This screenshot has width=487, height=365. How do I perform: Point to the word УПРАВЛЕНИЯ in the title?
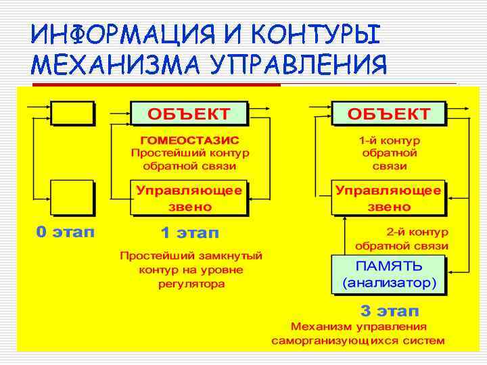coord(300,65)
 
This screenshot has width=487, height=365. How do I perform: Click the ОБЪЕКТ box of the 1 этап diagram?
coord(189,113)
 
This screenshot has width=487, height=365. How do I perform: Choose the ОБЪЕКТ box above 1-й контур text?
coord(389,113)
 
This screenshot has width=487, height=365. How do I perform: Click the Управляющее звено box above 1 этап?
coord(189,197)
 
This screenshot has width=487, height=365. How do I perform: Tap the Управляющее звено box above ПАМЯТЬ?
coord(389,197)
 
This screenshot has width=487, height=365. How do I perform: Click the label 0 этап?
coord(66,233)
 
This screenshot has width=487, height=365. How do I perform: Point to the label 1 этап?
coord(189,233)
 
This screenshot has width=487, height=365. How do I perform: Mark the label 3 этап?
coord(389,311)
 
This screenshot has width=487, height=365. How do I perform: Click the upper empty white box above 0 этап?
coord(73,112)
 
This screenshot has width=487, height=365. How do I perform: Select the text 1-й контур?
coord(390,141)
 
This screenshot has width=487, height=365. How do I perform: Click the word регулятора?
coord(191,284)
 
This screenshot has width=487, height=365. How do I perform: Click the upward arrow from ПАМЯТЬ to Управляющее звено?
coord(346,234)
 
